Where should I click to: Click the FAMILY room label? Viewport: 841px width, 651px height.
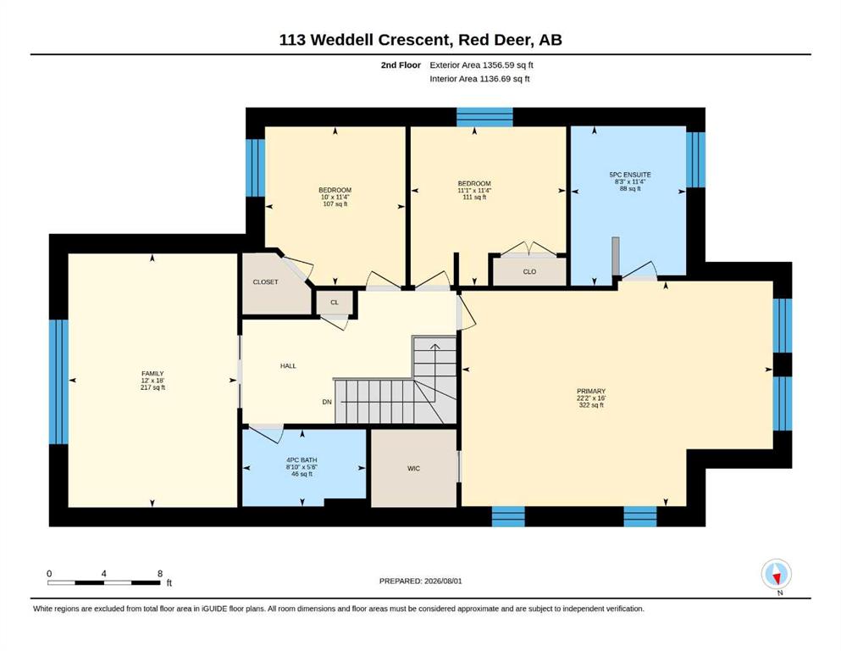(152, 374)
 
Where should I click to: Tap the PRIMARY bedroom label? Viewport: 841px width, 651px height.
(591, 392)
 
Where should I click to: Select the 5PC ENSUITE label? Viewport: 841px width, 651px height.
(630, 175)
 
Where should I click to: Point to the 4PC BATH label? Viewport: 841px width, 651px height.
(302, 460)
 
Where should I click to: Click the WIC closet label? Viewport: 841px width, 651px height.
(413, 469)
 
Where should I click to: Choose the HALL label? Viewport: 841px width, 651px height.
(288, 366)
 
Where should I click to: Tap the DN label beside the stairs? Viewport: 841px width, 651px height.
(327, 402)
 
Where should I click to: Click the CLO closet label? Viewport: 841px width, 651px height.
(529, 271)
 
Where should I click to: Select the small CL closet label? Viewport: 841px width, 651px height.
(335, 303)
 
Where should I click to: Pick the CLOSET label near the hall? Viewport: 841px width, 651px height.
(265, 281)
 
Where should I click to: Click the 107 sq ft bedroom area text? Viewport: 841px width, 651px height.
(335, 204)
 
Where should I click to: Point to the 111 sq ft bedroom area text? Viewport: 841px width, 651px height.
(474, 197)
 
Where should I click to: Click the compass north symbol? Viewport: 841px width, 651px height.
(776, 574)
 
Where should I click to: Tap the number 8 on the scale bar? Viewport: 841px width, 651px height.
(160, 574)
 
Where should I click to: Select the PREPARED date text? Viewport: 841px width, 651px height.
(420, 581)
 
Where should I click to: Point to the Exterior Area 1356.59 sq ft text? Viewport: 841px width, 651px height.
(481, 65)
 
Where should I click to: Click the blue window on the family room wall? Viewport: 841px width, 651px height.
(58, 382)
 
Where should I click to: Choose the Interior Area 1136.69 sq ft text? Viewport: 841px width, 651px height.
(479, 79)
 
